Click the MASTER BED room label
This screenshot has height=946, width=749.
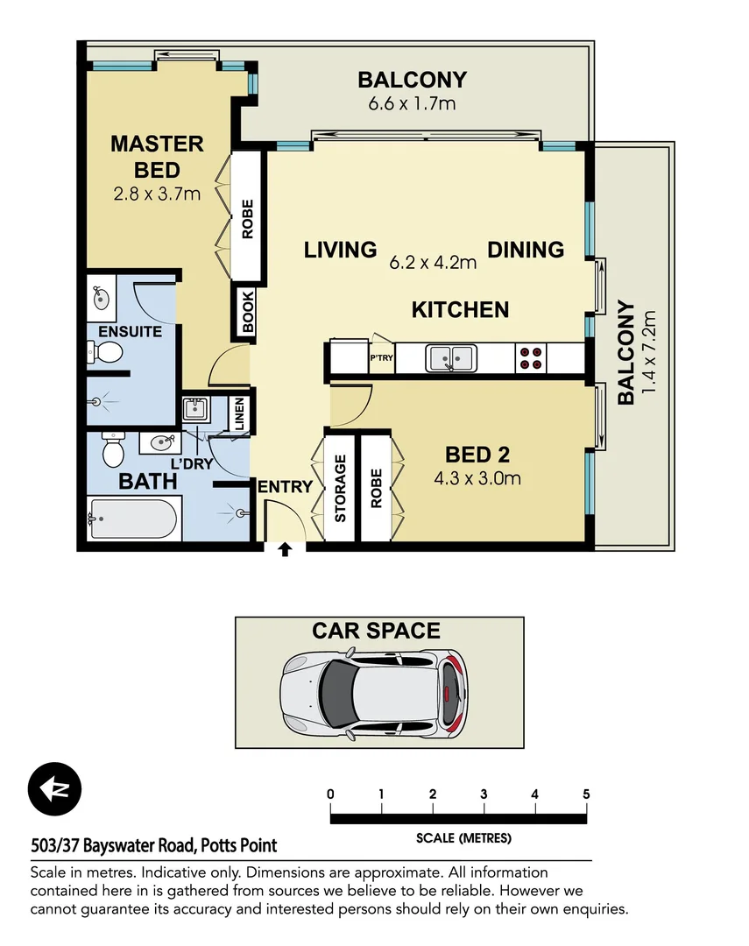(157, 156)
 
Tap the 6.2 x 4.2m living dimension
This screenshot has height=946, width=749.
(433, 261)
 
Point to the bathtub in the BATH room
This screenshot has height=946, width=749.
(135, 519)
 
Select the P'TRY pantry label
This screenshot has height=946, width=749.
(381, 358)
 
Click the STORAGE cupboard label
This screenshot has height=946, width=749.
(340, 488)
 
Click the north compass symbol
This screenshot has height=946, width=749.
(54, 789)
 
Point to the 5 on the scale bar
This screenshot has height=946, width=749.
(585, 794)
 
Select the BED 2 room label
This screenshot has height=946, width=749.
(477, 455)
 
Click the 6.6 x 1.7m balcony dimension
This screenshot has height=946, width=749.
(412, 103)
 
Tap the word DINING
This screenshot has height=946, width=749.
(526, 250)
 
